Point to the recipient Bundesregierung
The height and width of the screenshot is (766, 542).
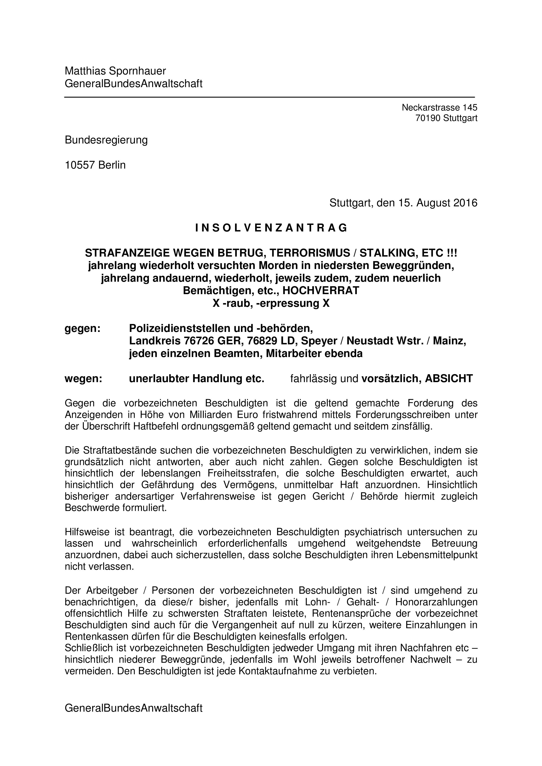pos(106,140)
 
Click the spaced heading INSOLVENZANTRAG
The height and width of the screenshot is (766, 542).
pos(271,228)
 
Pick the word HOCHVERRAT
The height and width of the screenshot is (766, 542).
pos(321,291)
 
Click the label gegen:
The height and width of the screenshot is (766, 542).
pos(82,328)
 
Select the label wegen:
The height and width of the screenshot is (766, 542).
pos(83,379)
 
